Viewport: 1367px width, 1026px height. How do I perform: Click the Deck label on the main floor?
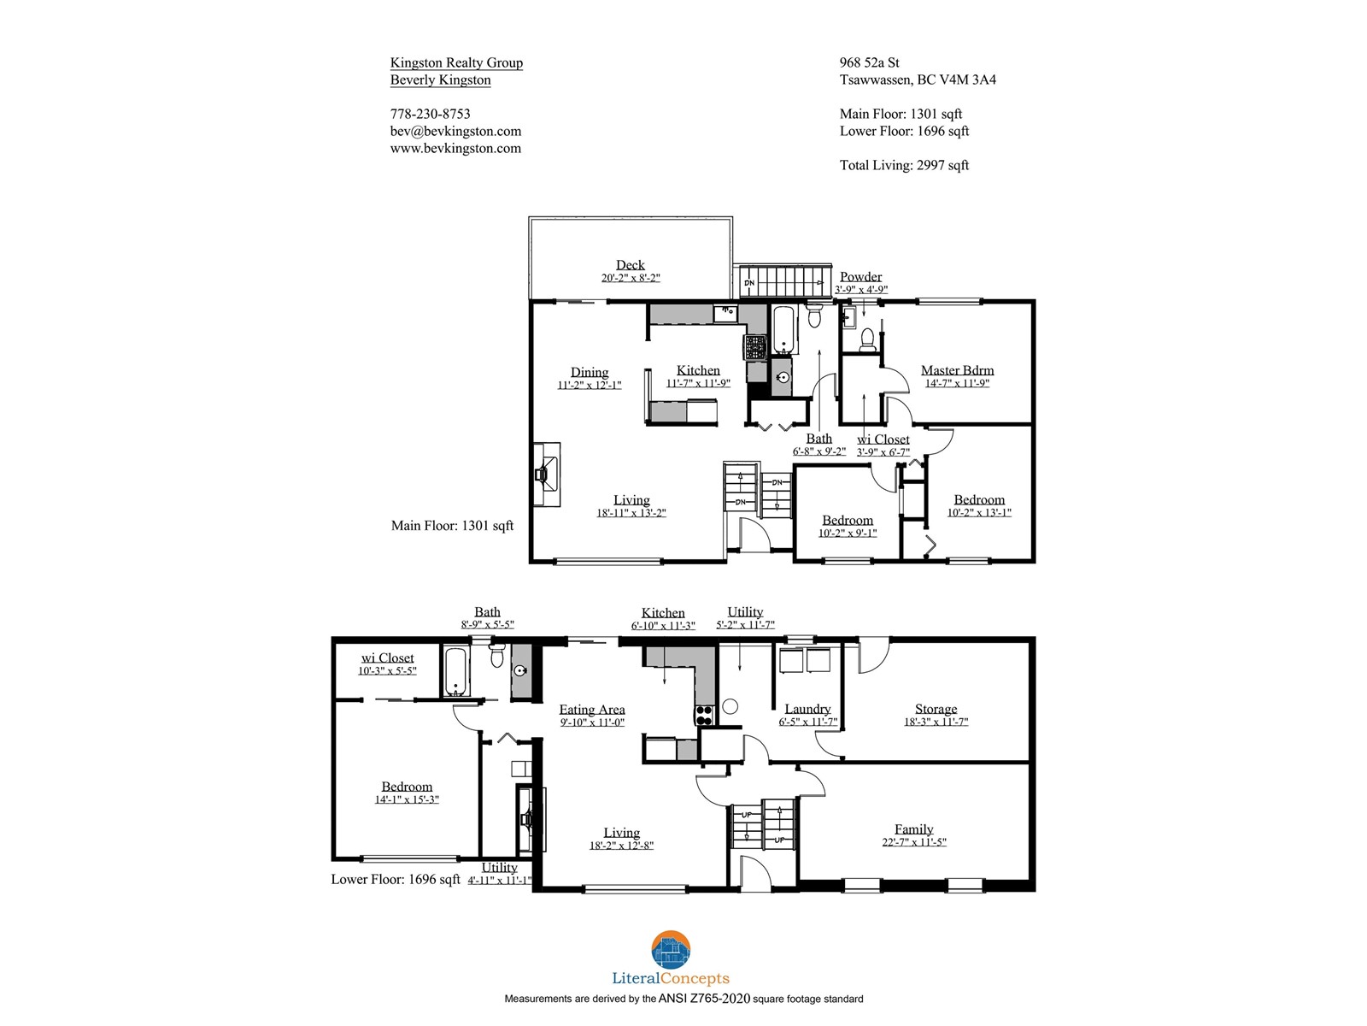pos(630,265)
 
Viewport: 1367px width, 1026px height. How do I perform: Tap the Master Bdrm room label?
pos(957,370)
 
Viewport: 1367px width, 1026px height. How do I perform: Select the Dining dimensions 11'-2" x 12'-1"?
pos(590,385)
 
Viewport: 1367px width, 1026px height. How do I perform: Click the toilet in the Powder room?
pos(867,339)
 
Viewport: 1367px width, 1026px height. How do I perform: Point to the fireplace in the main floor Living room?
pos(546,474)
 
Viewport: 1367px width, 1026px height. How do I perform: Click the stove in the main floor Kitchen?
pos(754,347)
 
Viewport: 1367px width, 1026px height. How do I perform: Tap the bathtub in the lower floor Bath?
pos(455,671)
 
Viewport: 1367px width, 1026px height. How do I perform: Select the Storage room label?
pos(936,709)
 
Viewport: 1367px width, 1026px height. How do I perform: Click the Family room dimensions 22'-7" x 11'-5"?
pos(913,842)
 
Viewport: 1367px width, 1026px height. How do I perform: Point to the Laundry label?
pos(807,709)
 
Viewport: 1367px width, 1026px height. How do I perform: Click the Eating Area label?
pos(591,710)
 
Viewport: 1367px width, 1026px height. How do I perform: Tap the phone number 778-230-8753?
pos(431,114)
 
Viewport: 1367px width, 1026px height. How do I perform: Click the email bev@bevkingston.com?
pos(456,131)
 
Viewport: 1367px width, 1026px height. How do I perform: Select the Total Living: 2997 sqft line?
pos(904,165)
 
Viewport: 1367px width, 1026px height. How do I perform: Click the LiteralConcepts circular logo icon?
pos(670,951)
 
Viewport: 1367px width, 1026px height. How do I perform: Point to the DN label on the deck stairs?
pos(749,283)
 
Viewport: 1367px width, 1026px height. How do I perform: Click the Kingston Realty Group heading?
pos(456,62)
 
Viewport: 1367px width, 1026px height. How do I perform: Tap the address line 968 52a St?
pos(870,62)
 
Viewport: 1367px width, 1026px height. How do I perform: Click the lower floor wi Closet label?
pos(387,657)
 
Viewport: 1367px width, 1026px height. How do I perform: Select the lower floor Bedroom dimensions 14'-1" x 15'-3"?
pos(407,800)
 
